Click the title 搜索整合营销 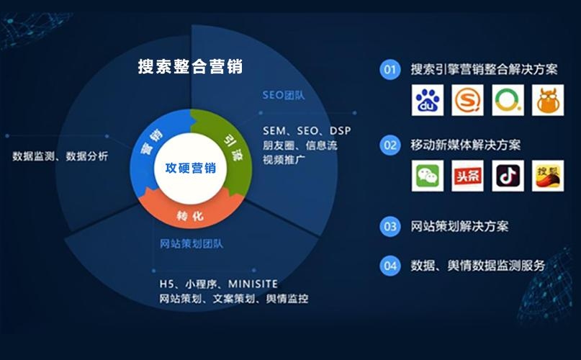pyautogui.click(x=190, y=67)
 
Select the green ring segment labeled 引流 pyautogui.click(x=230, y=143)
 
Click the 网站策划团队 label pyautogui.click(x=191, y=243)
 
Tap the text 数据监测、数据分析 pyautogui.click(x=60, y=156)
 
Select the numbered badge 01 pyautogui.click(x=390, y=70)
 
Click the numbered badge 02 pyautogui.click(x=390, y=145)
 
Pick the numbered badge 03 pyautogui.click(x=390, y=226)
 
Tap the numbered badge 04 pyautogui.click(x=390, y=265)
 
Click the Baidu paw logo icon pyautogui.click(x=428, y=101)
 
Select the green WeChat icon pyautogui.click(x=428, y=176)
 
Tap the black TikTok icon pyautogui.click(x=508, y=176)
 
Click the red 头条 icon pyautogui.click(x=468, y=176)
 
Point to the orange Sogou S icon pyautogui.click(x=468, y=101)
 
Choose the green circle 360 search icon pyautogui.click(x=508, y=101)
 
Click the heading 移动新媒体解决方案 pyautogui.click(x=465, y=145)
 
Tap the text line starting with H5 pyautogui.click(x=219, y=284)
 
